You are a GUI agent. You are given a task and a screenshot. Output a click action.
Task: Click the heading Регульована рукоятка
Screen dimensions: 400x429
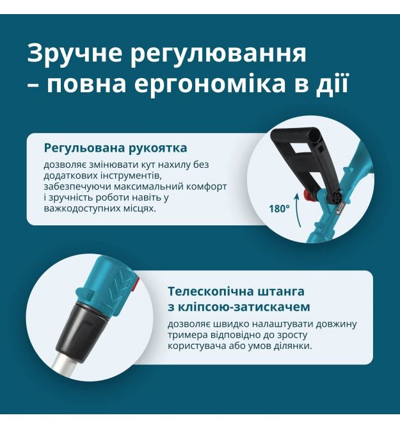pyautogui.click(x=115, y=149)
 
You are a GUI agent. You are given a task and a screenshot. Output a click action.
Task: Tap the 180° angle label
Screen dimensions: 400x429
pyautogui.click(x=279, y=209)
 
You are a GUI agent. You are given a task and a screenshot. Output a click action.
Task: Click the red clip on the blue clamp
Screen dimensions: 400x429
pyautogui.click(x=136, y=283)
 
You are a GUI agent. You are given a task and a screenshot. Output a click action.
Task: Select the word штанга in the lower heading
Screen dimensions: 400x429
pyautogui.click(x=277, y=291)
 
